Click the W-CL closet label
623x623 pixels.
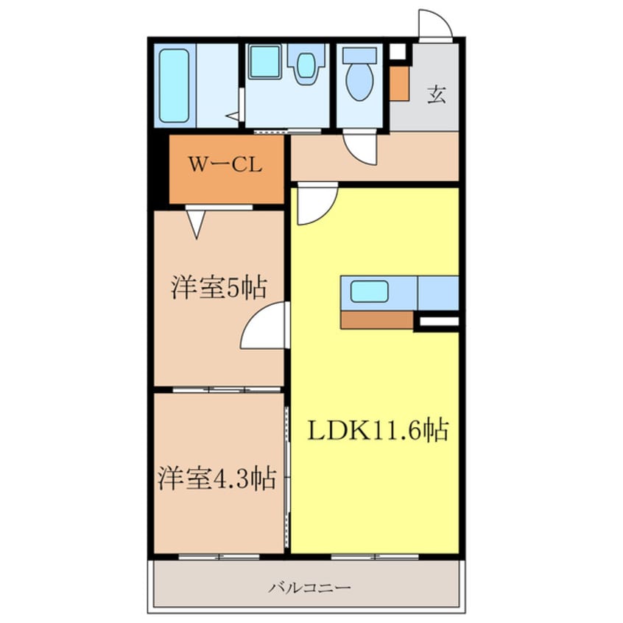[225, 164]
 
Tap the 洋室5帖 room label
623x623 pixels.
[219, 287]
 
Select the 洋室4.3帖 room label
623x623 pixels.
[217, 478]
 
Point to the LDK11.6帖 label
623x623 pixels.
[379, 429]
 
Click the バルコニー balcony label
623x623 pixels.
[309, 587]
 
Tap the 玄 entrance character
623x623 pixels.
[436, 95]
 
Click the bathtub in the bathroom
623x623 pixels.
[174, 85]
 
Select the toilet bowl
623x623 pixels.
[359, 82]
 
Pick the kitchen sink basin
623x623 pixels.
[369, 291]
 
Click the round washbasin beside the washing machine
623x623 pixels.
[306, 65]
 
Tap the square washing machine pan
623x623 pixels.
[265, 62]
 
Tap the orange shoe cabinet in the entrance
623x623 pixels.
[399, 83]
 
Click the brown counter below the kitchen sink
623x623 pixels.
[376, 320]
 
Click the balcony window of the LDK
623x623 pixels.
[375, 557]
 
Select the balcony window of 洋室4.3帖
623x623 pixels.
[219, 557]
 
